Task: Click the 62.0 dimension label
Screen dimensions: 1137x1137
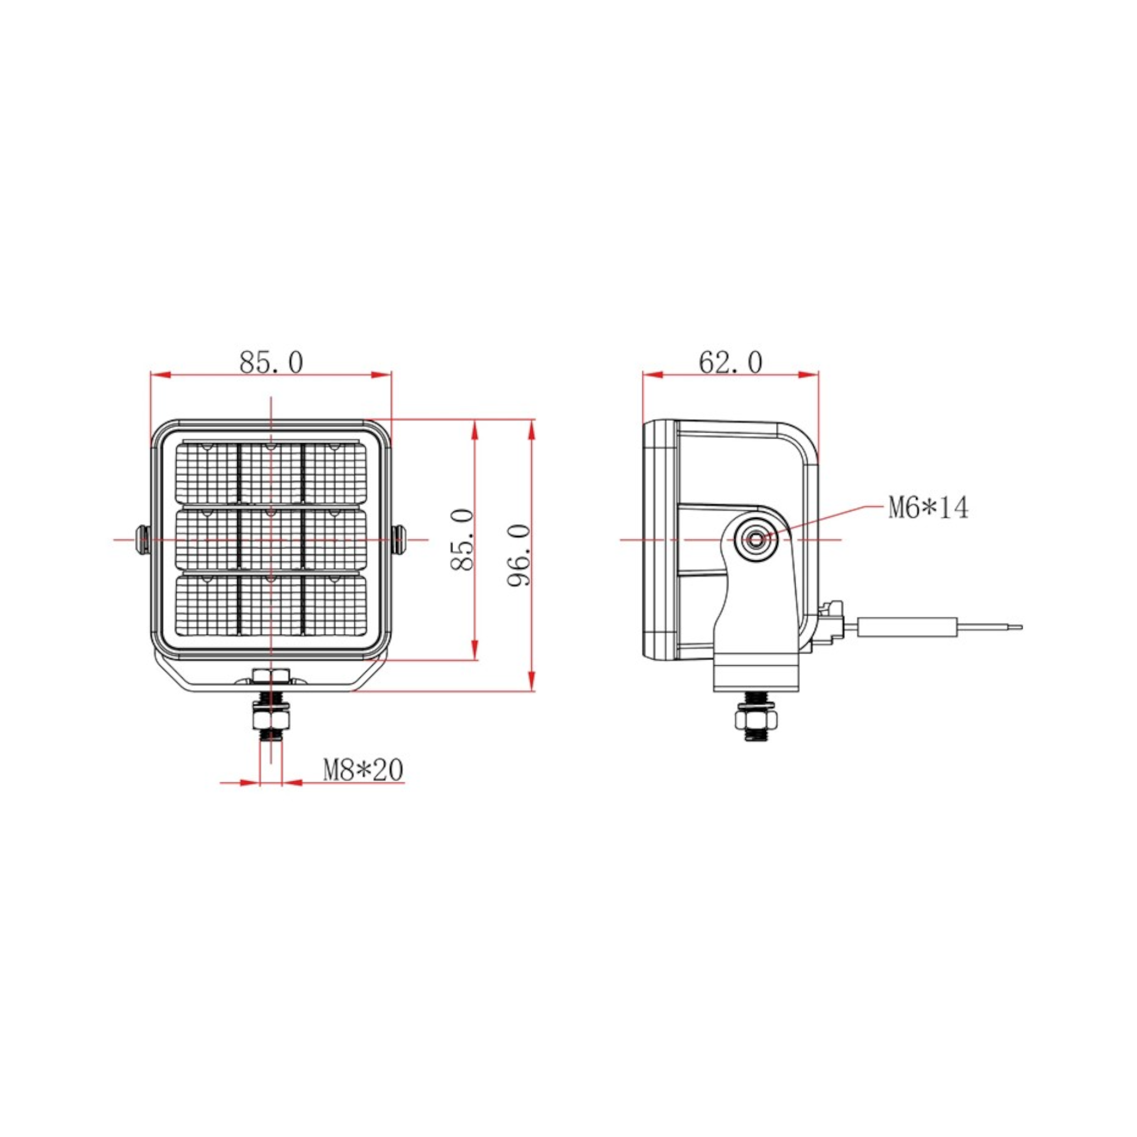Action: [x=731, y=363]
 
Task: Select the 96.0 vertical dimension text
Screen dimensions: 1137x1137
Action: [x=520, y=555]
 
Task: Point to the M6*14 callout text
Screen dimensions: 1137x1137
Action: [x=928, y=508]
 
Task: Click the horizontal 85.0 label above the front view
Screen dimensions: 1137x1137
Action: [x=271, y=363]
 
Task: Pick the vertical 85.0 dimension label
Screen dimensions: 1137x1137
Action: [x=462, y=540]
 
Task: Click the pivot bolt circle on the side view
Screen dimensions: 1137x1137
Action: [x=755, y=539]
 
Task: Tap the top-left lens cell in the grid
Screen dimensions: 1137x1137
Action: [x=207, y=474]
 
